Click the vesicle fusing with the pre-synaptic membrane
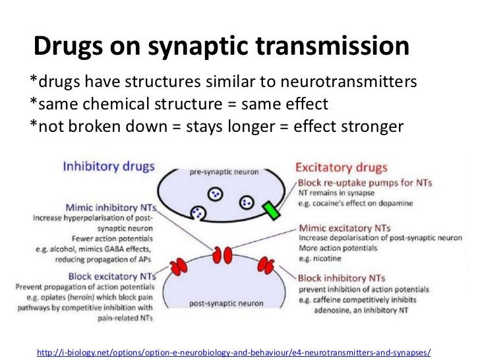[x=198, y=212]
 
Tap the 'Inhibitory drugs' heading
[x=109, y=166]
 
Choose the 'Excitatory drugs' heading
[x=342, y=167]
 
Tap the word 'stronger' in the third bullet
[x=369, y=125]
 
